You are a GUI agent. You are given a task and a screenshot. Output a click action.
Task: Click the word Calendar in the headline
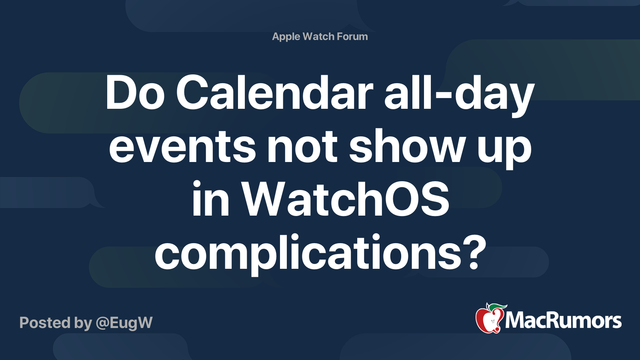point(274,92)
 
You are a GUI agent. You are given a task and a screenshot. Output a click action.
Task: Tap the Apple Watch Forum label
point(320,37)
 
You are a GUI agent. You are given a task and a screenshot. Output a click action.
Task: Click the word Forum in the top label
point(352,36)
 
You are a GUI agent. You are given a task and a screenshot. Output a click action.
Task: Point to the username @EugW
point(124,323)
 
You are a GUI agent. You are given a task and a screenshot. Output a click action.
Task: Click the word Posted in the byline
point(45,322)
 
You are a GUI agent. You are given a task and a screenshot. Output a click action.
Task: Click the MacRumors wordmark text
point(563,320)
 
